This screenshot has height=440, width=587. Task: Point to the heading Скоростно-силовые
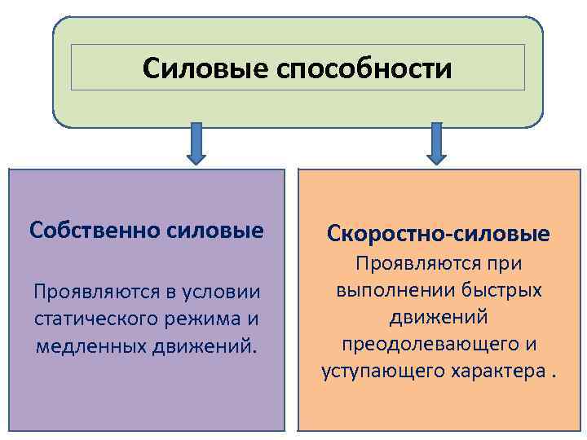pos(438,235)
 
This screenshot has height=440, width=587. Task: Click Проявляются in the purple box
pos(90,291)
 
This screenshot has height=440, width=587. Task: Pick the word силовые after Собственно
pos(219,230)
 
